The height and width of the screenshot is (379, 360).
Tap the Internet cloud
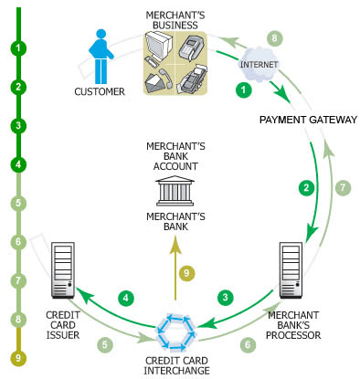pos(257,66)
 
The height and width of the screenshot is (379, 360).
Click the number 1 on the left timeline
pos(18,47)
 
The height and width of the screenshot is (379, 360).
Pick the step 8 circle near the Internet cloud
pos(273,38)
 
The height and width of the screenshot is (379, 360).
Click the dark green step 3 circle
pos(225,297)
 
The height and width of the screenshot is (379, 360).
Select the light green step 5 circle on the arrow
pos(106,345)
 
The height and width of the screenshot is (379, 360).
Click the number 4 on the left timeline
pos(18,165)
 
